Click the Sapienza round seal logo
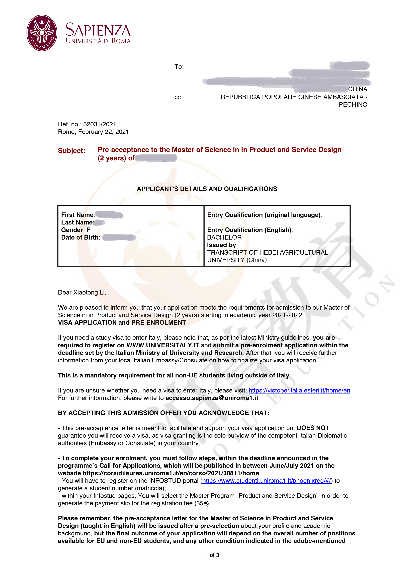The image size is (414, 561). click(x=42, y=33)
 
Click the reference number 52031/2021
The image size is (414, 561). click(x=100, y=124)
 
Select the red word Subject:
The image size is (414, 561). click(x=71, y=151)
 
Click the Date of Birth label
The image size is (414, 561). click(x=80, y=238)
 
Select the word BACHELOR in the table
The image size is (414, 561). click(x=224, y=238)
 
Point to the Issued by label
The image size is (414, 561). click(x=222, y=245)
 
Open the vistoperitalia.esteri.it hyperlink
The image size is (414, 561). click(x=299, y=390)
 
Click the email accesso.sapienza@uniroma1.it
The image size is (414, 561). click(x=212, y=398)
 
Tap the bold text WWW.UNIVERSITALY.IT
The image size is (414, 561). click(x=163, y=345)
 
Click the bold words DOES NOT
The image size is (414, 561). click(x=313, y=428)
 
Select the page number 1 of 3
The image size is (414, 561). click(x=212, y=555)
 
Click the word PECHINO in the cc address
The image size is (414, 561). click(x=353, y=105)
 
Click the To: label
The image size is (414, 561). click(x=179, y=67)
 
